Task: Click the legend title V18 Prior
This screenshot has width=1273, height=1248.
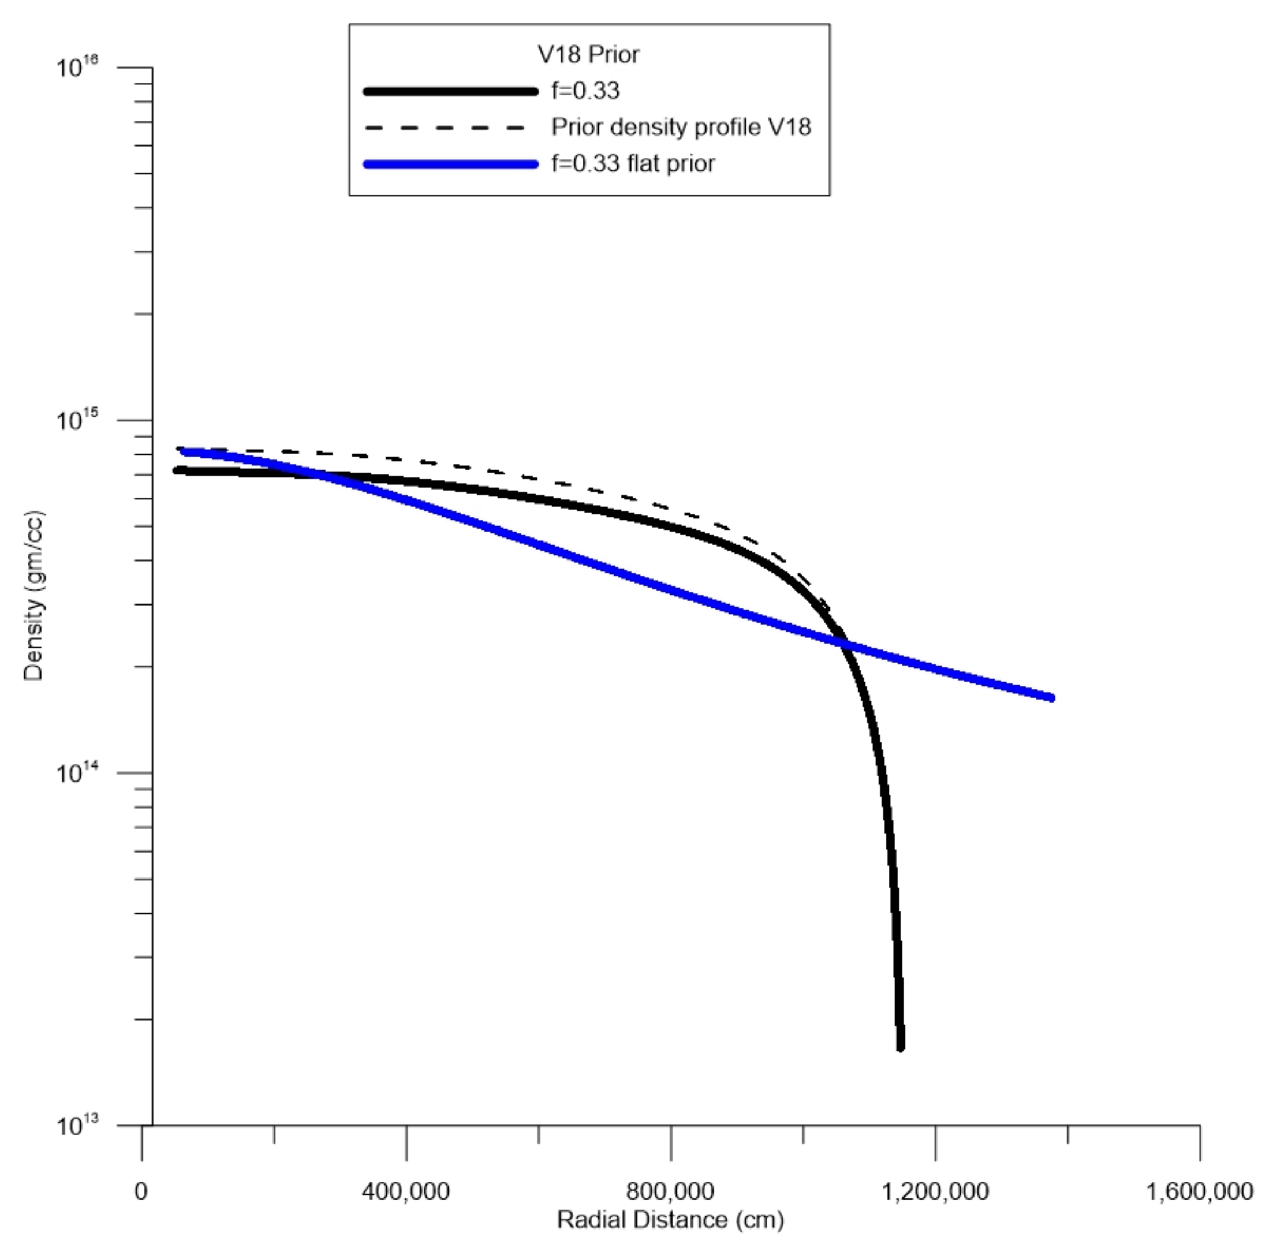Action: coord(588,54)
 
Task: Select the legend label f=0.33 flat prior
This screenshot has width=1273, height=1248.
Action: coord(633,163)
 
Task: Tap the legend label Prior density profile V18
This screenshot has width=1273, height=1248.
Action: coord(681,127)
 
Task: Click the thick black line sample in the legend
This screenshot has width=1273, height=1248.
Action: coord(450,91)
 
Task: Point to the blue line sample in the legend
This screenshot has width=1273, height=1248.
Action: coord(450,164)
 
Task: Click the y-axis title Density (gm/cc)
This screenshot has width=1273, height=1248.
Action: coord(33,595)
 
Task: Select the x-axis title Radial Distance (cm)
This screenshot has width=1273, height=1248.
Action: coord(670,1219)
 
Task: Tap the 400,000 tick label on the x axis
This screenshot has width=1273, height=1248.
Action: coord(406,1191)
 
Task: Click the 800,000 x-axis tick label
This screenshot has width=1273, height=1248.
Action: coord(671,1191)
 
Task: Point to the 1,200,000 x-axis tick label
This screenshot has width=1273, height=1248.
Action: coord(935,1191)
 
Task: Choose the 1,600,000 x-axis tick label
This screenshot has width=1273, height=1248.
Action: coord(1199,1191)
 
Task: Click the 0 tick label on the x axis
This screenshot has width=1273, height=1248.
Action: coord(141,1191)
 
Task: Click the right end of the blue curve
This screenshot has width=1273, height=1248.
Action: coord(1051,697)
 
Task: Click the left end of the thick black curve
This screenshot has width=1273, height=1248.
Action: coord(176,470)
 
